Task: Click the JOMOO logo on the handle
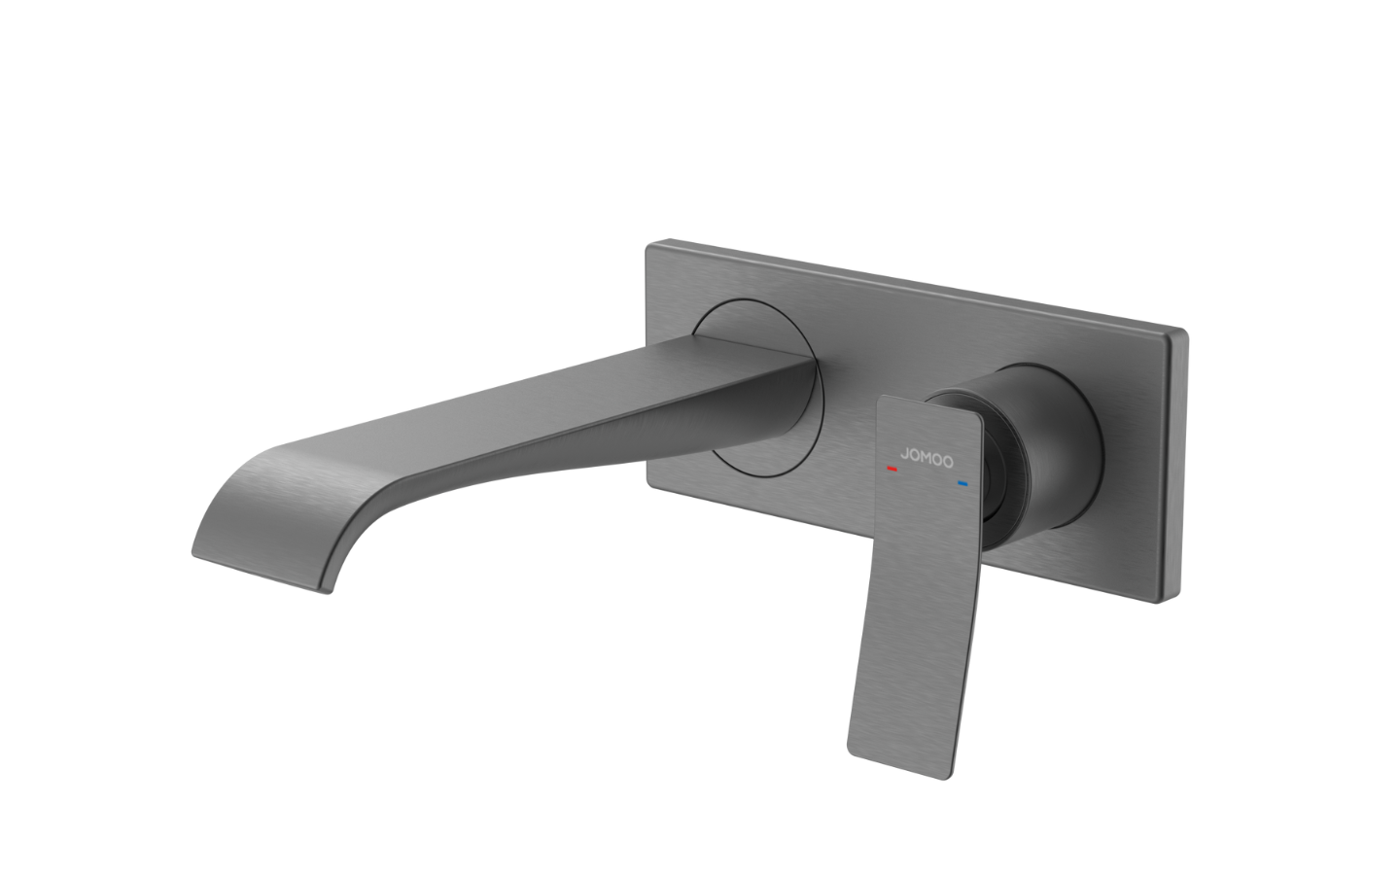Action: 926,453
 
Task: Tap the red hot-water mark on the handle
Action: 892,470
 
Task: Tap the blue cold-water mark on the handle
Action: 962,483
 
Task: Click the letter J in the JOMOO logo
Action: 903,450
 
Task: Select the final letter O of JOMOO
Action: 948,457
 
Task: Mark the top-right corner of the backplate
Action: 1185,333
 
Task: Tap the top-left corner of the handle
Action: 881,399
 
